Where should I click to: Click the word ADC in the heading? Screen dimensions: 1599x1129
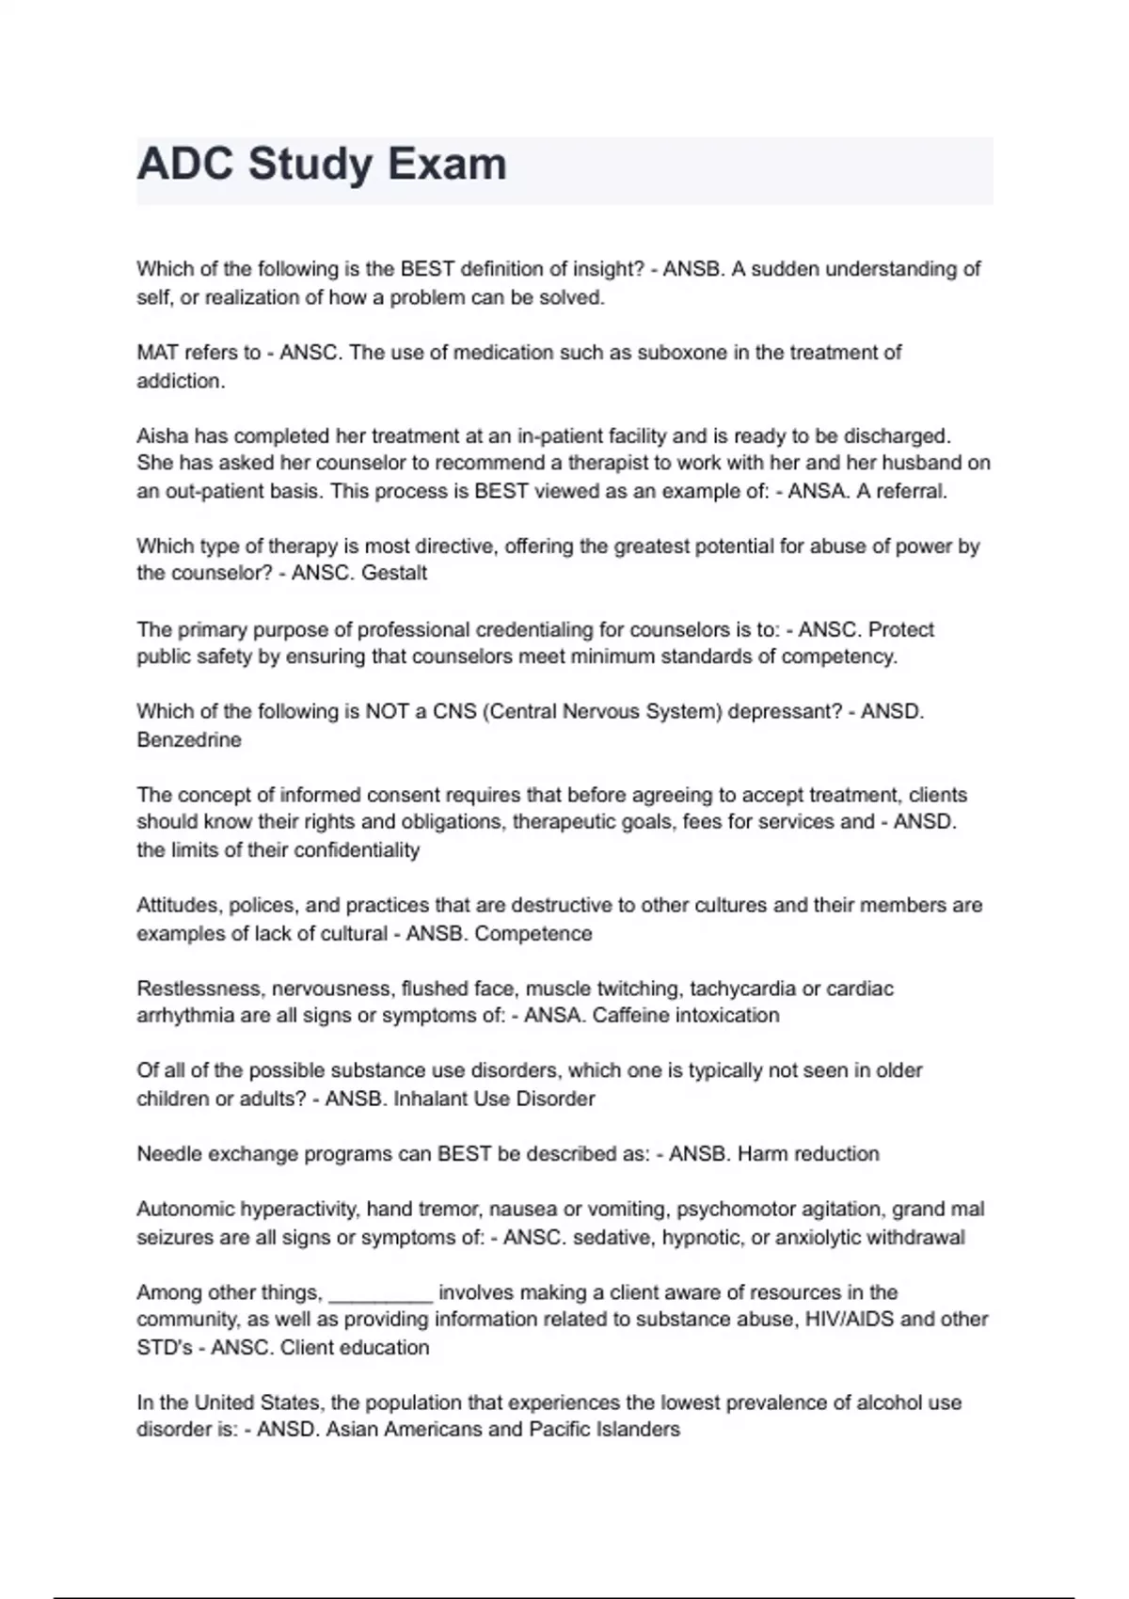point(185,165)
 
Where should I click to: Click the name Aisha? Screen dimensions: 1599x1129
point(163,435)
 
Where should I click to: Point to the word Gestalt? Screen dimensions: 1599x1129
point(392,573)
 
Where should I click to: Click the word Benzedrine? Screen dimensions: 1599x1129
point(189,740)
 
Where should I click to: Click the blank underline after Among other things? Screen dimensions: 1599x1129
point(380,1293)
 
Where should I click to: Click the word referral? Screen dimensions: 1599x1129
point(913,491)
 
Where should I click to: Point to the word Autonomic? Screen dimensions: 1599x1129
point(185,1210)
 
